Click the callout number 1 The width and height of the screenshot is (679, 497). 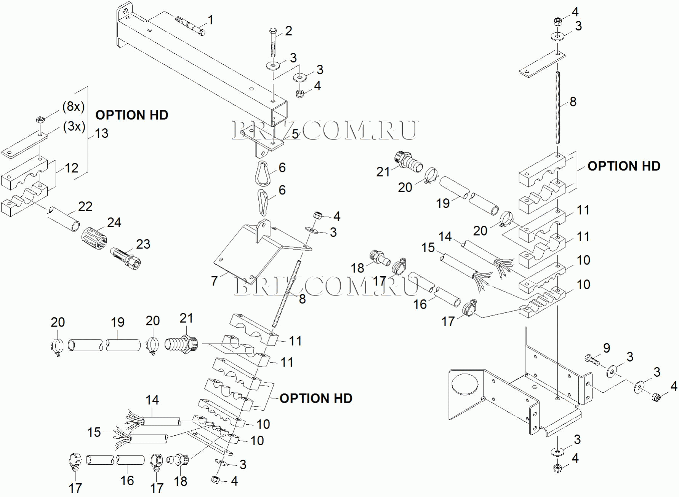point(210,20)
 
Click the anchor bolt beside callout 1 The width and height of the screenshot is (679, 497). point(190,25)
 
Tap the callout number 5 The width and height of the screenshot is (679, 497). point(295,134)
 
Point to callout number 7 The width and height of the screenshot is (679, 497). point(215,281)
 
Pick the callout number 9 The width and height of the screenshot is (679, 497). point(607,347)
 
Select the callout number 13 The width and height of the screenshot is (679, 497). point(101,133)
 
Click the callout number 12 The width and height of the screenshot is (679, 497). point(71,168)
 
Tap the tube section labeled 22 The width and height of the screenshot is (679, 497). point(63,218)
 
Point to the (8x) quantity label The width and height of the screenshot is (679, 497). point(73,107)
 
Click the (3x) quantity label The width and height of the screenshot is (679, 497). point(74,126)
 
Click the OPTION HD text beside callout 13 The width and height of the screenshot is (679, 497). point(131,115)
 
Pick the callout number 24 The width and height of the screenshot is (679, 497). point(114,222)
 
